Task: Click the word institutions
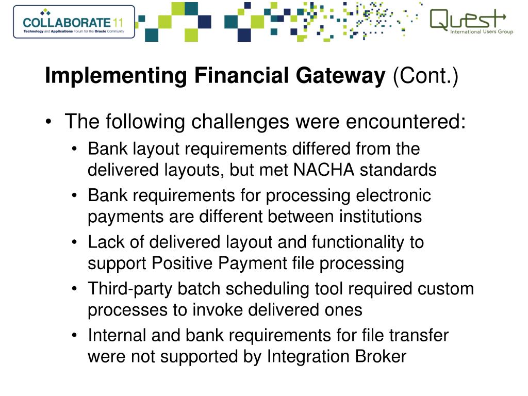pos(381,217)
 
